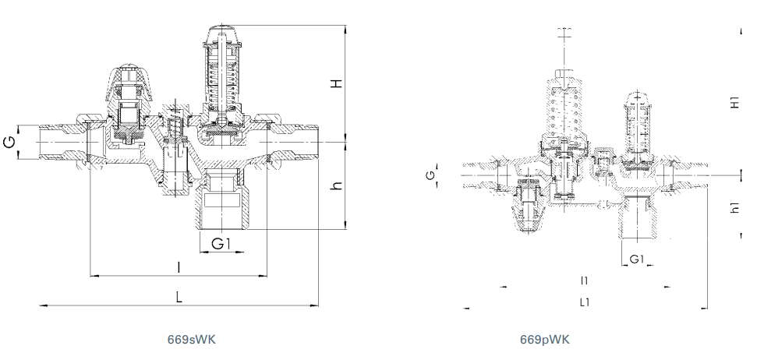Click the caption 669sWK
coord(192,339)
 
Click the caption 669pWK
coord(545,339)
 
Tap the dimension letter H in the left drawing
coord(337,83)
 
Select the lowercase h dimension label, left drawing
coord(337,185)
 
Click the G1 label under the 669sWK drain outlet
coord(221,244)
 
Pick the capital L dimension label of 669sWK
coord(179,296)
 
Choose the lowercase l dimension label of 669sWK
coord(179,266)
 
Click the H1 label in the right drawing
coord(735,102)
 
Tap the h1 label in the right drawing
coord(735,207)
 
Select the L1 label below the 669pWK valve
coord(585,302)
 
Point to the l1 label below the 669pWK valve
coord(585,281)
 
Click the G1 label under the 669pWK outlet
coord(637,259)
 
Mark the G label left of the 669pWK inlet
coord(431,175)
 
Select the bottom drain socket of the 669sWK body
coord(222,202)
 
